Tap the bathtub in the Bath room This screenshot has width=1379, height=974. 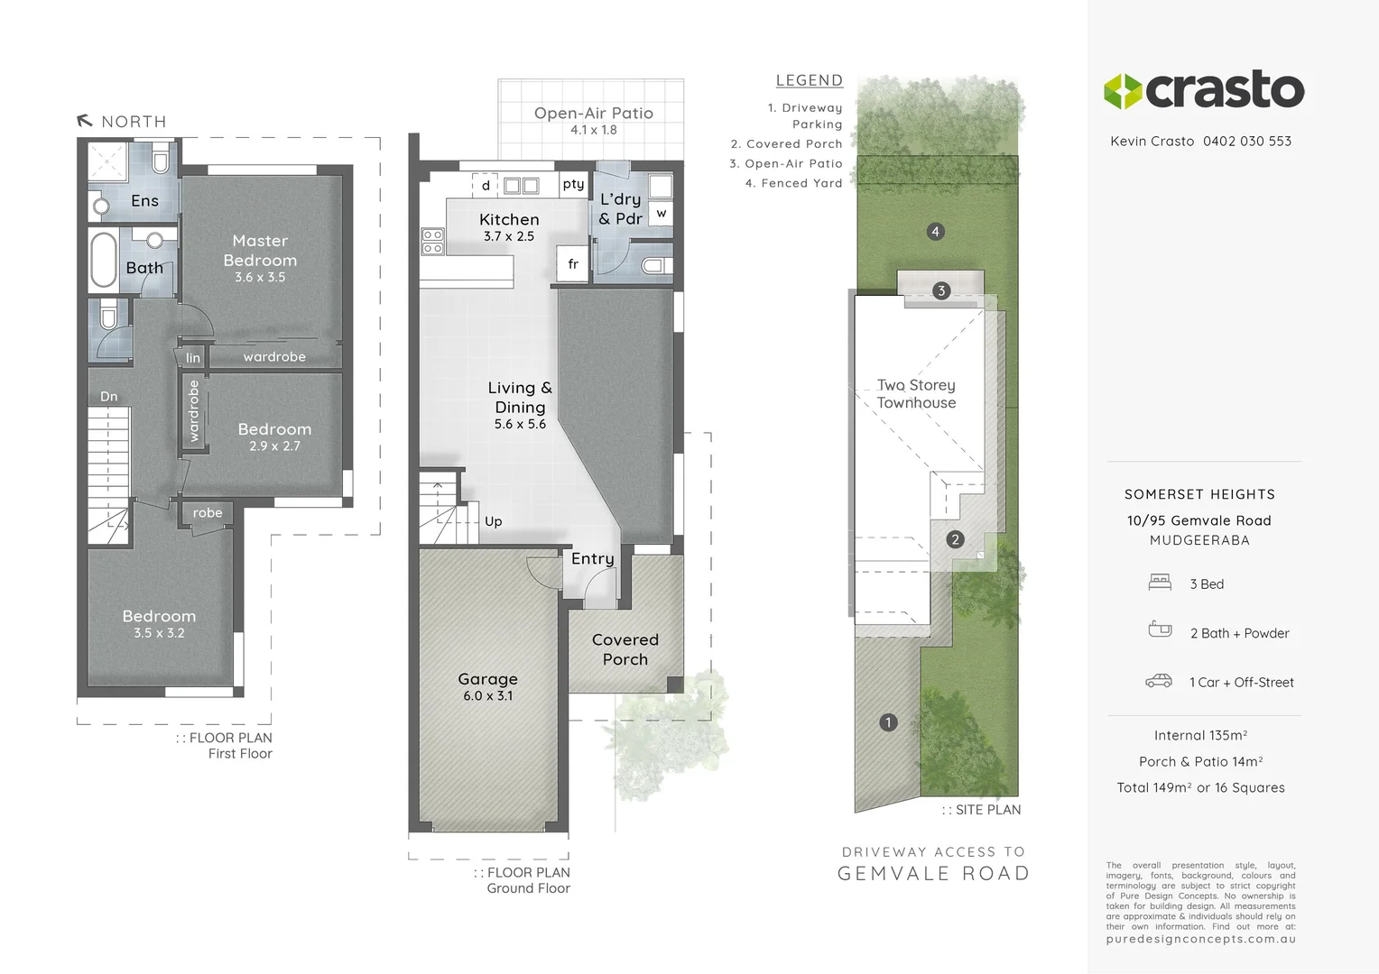tap(104, 261)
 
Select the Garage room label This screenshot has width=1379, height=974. tap(487, 679)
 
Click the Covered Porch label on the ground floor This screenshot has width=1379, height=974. tap(625, 649)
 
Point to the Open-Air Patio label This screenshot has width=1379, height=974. tap(593, 114)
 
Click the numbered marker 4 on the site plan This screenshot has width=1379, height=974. tap(935, 232)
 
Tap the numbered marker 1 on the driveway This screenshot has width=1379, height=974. tap(888, 722)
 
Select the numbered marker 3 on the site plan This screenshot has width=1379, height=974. tap(941, 290)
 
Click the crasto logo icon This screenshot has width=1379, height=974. tap(1124, 91)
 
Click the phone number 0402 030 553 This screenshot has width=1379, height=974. tap(1246, 142)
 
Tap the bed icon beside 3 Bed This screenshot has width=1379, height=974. tap(1160, 583)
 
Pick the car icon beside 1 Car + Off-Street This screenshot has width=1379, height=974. tap(1159, 681)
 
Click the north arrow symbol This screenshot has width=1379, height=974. tap(85, 121)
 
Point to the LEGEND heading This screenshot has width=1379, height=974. tap(809, 80)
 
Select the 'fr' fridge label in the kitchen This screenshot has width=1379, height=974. tap(573, 264)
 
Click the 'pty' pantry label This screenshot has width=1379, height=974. tap(573, 184)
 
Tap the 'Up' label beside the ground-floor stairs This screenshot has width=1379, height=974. tap(493, 521)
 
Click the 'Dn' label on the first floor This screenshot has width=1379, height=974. tap(108, 397)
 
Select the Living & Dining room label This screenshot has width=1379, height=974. tap(520, 398)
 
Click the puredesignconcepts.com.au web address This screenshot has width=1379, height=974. tap(1200, 939)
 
